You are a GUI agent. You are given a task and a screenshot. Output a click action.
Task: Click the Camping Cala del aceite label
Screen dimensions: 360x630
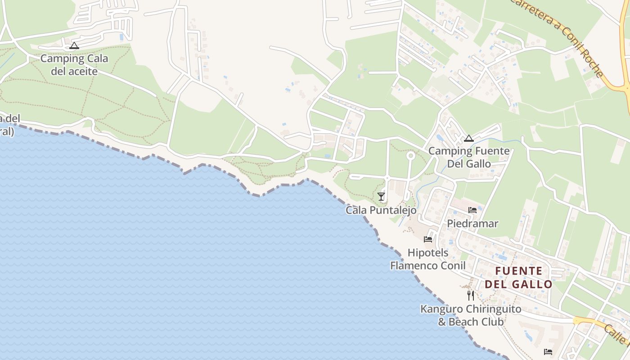tap(74, 65)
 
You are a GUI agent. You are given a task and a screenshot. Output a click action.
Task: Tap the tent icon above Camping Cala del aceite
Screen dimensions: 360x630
tap(74, 45)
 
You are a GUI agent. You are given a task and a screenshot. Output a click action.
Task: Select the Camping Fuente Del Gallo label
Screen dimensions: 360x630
tap(469, 157)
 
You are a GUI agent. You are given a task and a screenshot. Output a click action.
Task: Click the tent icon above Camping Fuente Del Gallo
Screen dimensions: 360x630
tap(469, 138)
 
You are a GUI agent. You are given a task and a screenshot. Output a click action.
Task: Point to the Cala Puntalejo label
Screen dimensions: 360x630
tap(381, 210)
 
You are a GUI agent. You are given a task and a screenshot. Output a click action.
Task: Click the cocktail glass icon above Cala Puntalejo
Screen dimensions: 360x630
tap(381, 196)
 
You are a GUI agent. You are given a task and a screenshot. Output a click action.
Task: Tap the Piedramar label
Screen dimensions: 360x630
tap(472, 224)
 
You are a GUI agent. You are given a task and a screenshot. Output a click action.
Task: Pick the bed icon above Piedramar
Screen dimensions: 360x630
tap(472, 210)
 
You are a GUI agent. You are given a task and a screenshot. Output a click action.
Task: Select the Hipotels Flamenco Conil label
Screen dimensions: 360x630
tap(428, 259)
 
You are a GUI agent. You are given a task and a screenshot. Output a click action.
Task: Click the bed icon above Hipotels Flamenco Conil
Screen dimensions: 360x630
tap(428, 239)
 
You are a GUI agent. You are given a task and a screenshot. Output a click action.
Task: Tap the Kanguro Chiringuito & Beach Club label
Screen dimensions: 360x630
tap(471, 315)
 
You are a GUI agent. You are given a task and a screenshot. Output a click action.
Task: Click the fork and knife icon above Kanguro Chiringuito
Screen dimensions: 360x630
tap(471, 295)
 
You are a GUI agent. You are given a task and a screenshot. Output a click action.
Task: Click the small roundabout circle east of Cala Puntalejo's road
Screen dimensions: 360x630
tap(410, 156)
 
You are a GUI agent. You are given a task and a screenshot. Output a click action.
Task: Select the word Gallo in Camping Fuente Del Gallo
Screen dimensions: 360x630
tap(478, 163)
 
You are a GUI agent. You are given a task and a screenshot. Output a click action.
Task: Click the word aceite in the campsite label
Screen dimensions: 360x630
tap(83, 71)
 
